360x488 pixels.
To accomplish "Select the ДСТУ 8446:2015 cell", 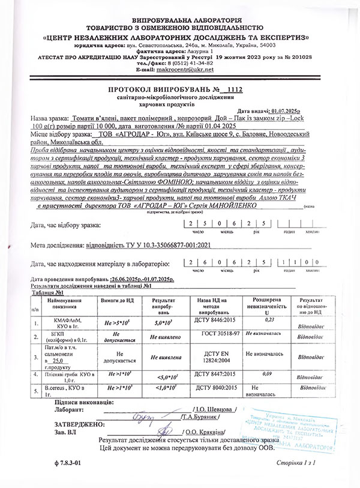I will pyautogui.click(x=213, y=322).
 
